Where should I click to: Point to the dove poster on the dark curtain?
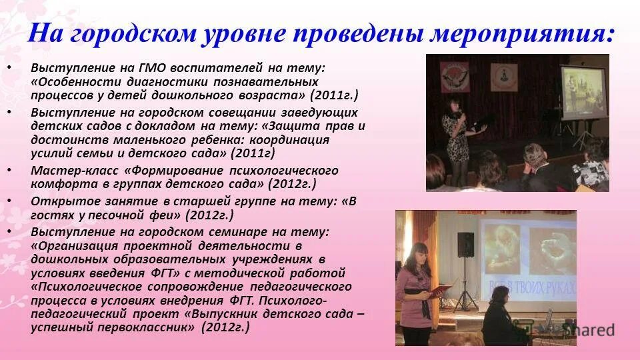455,77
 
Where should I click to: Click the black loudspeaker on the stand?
465,245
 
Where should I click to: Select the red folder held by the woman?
440,291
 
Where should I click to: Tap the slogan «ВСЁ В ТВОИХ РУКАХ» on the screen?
541,287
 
